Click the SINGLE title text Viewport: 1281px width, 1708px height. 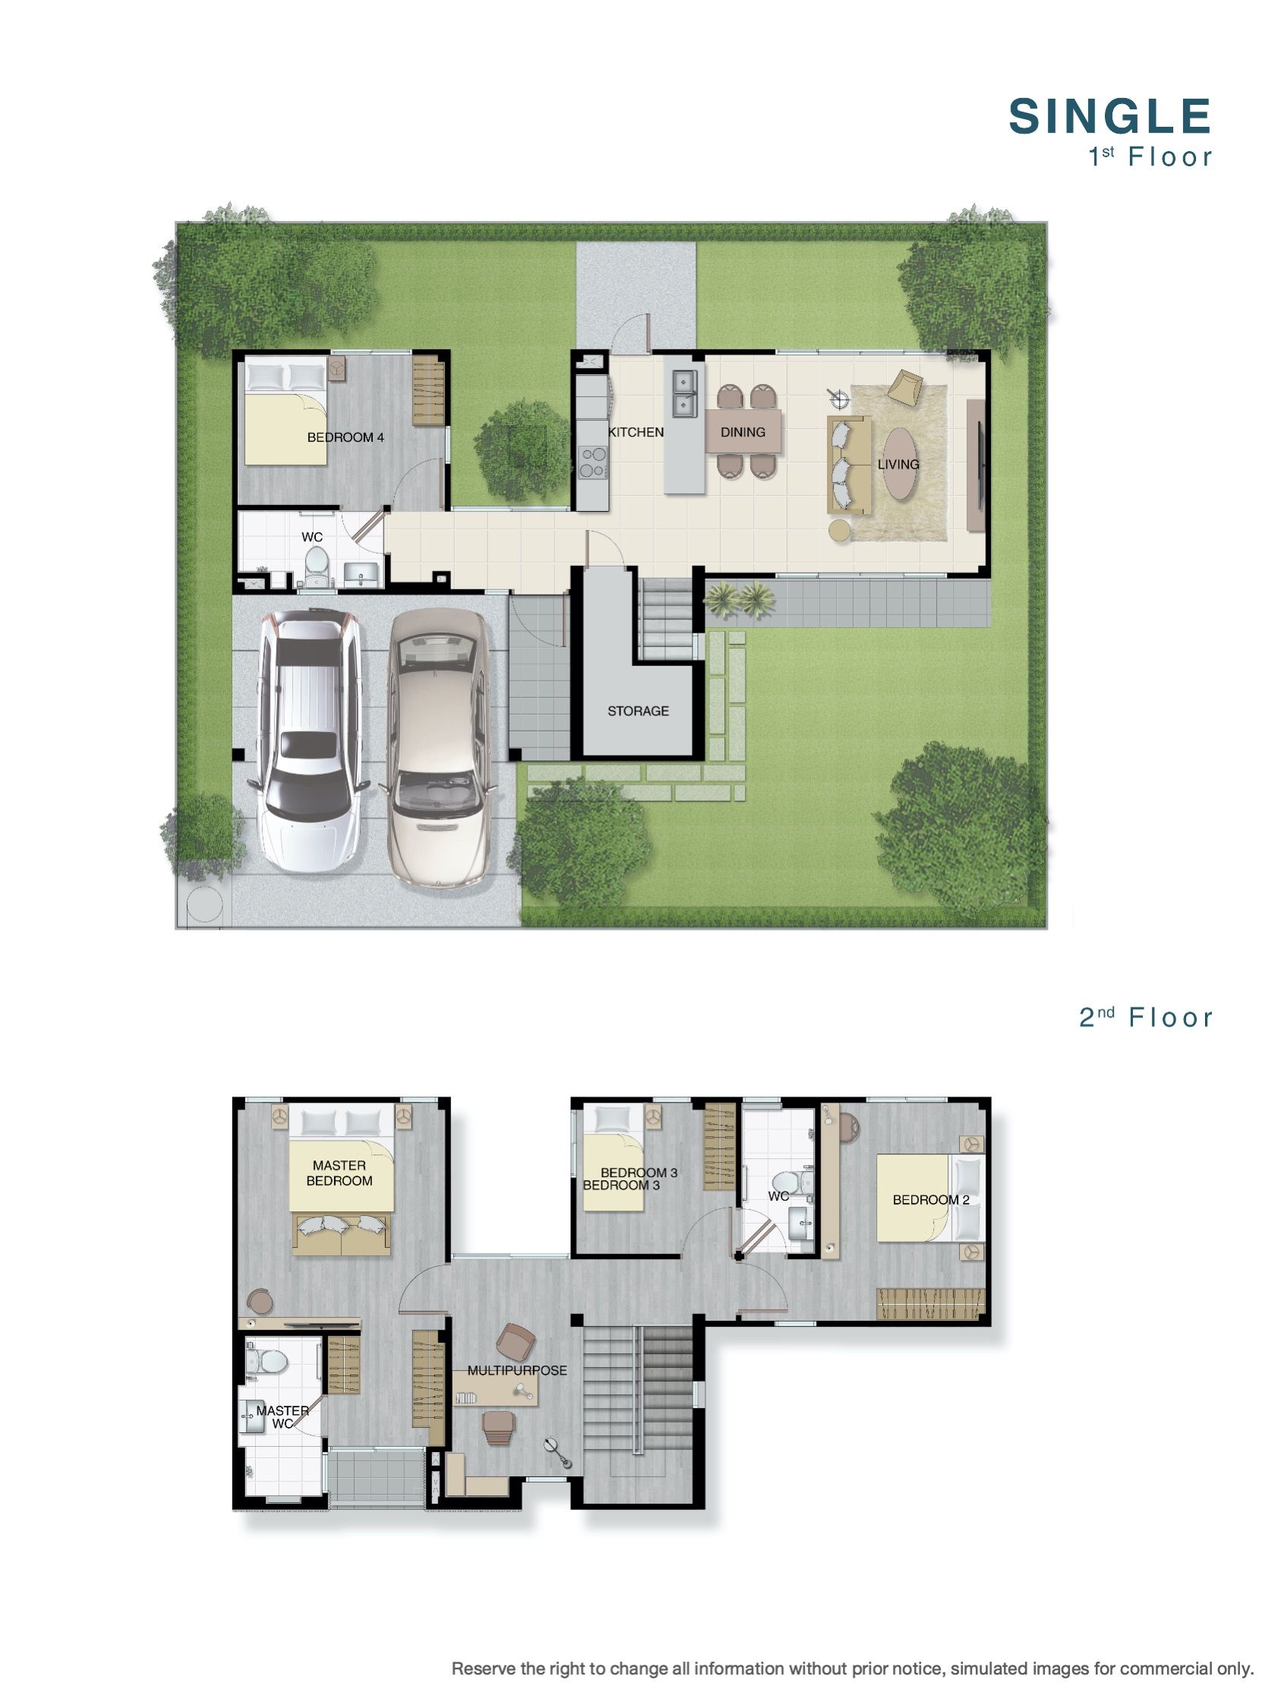click(x=1109, y=116)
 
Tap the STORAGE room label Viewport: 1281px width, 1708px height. click(x=638, y=710)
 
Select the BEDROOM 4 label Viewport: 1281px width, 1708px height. click(x=345, y=437)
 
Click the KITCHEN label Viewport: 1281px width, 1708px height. click(x=636, y=431)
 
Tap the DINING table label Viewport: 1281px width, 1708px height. click(x=743, y=431)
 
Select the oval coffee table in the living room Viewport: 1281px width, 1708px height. click(x=901, y=463)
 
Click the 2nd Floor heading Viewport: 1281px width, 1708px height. click(x=1146, y=1018)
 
